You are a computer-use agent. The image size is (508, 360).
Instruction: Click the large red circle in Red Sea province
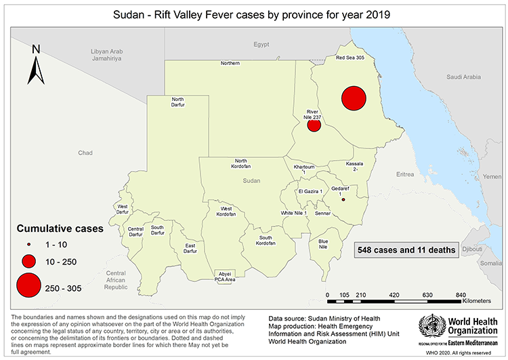[x=354, y=98]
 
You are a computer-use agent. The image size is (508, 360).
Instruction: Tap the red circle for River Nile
[x=314, y=125]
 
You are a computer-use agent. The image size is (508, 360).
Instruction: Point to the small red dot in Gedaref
[x=343, y=200]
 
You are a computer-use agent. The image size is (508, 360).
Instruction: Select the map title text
[x=253, y=14]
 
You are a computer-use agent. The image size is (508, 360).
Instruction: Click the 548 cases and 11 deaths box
[x=406, y=249]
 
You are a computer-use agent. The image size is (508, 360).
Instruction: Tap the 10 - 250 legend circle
[x=28, y=261]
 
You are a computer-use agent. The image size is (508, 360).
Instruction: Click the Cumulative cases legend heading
[x=60, y=228]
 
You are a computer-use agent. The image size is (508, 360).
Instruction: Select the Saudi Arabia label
[x=463, y=77]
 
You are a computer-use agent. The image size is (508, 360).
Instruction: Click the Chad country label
[x=85, y=153]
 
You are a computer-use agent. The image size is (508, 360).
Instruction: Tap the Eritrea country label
[x=404, y=174]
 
